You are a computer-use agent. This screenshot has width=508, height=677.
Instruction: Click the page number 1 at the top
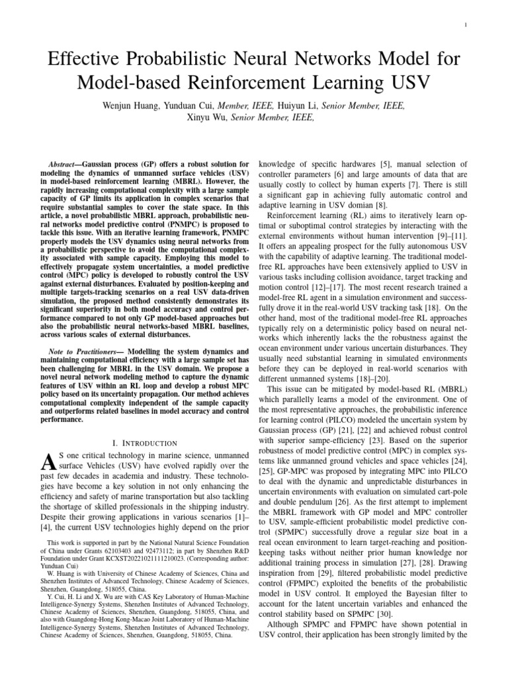[468, 26]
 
